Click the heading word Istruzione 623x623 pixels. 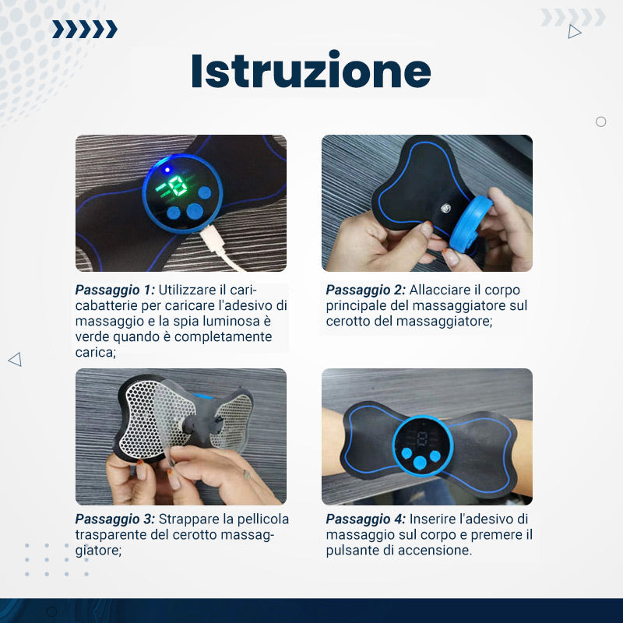(311, 71)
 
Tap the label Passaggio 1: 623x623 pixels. (114, 290)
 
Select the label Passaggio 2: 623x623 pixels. (365, 290)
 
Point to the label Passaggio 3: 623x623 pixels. (114, 519)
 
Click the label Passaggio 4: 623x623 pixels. (365, 519)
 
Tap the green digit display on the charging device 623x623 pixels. (171, 185)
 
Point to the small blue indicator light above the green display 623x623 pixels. (167, 170)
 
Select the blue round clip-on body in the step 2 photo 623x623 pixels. (471, 223)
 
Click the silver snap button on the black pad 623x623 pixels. (445, 207)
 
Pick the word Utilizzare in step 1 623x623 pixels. (187, 290)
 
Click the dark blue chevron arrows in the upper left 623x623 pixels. (85, 29)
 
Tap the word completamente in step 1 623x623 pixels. (223, 337)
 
